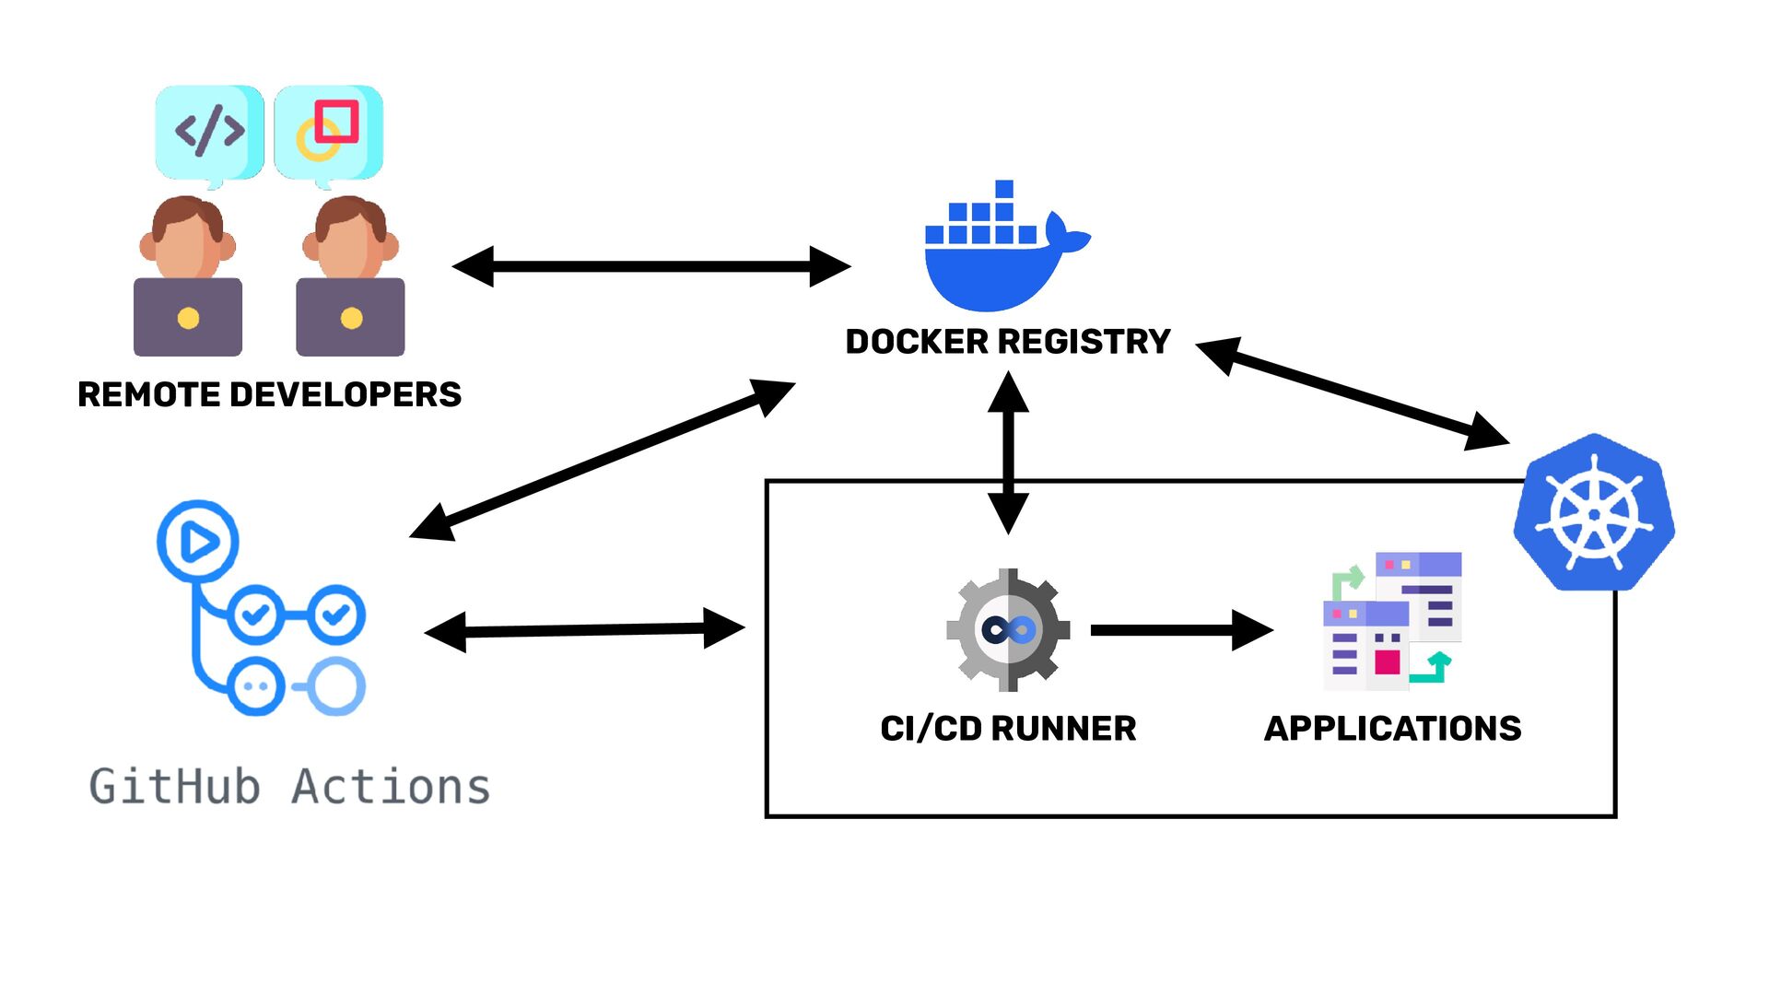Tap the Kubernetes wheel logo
click(x=1594, y=512)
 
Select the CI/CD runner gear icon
click(x=1008, y=630)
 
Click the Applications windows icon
click(x=1392, y=621)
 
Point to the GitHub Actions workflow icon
click(x=261, y=608)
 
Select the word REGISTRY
click(x=1085, y=342)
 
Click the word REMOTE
click(x=148, y=394)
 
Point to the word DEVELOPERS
click(x=346, y=394)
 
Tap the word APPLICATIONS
click(x=1392, y=729)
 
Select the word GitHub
click(x=174, y=787)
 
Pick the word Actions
click(x=391, y=787)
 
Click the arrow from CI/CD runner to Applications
click(x=1182, y=630)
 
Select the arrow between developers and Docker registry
click(x=651, y=266)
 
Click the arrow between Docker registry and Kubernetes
click(x=1353, y=393)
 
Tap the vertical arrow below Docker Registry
click(x=1008, y=452)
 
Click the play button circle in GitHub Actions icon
click(x=197, y=541)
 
